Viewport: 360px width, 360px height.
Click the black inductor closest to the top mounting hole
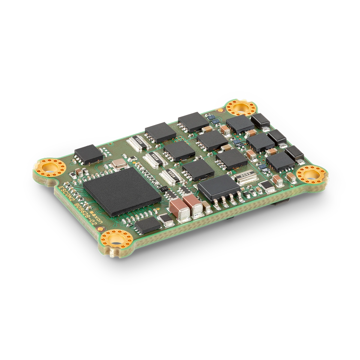(260, 119)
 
